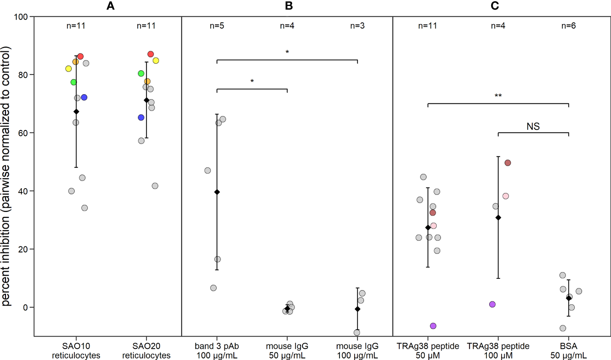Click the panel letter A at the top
111,6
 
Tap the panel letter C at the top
495,6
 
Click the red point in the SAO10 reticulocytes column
80,56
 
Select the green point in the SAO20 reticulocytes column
141,74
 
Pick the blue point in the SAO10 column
84,97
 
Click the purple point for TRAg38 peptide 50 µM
433,326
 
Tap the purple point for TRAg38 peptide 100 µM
492,304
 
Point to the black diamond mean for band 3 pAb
217,192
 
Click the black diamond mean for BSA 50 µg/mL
569,298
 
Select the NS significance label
533,126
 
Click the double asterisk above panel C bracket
498,96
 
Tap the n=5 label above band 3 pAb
217,26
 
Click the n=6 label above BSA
568,26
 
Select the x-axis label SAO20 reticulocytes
146,351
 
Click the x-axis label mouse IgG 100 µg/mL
357,351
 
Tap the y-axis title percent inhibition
6,176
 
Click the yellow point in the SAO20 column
156,60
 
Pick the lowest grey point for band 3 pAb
213,288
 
